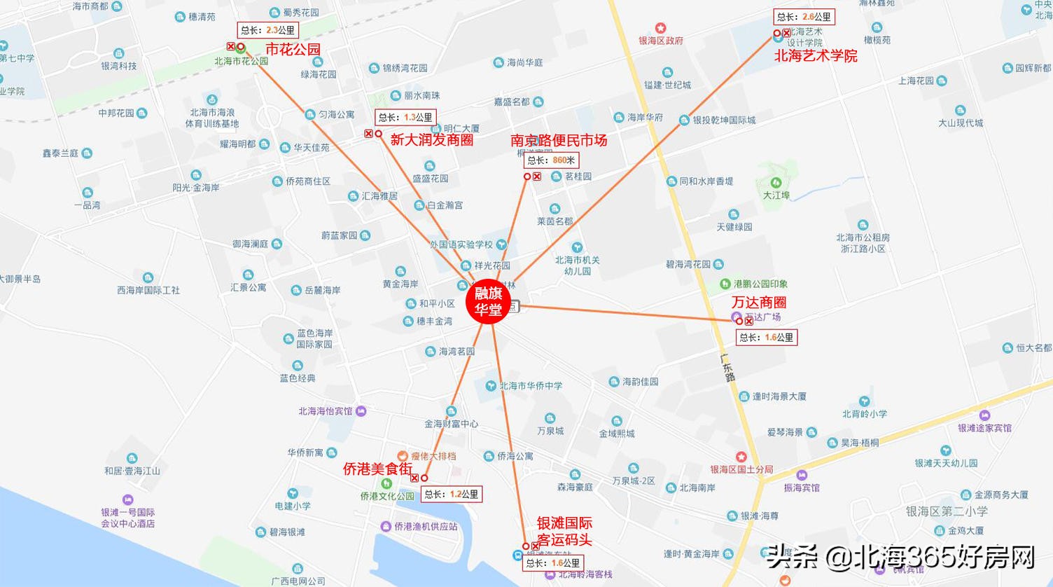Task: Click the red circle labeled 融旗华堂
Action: tap(489, 303)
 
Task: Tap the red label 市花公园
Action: tap(293, 49)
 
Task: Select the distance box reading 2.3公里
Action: tap(268, 30)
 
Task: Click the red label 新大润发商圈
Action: tap(431, 139)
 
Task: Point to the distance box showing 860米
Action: tap(551, 160)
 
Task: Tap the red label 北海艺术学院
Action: tap(816, 56)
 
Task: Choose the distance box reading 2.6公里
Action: tap(804, 17)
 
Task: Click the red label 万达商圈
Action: tap(759, 302)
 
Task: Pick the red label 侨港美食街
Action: tap(377, 469)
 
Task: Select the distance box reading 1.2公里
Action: tap(452, 495)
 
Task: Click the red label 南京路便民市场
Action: tap(559, 140)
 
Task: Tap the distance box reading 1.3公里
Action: tap(405, 118)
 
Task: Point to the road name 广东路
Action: tap(728, 367)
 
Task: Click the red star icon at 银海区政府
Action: tap(660, 29)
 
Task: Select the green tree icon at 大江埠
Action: tap(776, 183)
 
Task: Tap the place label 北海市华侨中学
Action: tap(531, 386)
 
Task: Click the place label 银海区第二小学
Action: tap(947, 511)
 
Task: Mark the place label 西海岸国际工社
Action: tap(148, 290)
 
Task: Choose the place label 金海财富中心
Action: tap(451, 424)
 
